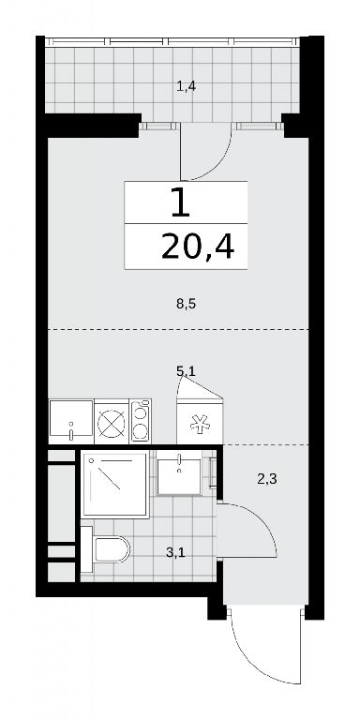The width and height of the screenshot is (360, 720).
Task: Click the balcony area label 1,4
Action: (187, 86)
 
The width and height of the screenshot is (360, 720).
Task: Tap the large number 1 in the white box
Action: (180, 202)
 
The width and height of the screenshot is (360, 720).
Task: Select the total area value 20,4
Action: (198, 248)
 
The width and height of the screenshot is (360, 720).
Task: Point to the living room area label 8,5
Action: (187, 304)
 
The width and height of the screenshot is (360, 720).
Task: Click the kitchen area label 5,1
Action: (187, 370)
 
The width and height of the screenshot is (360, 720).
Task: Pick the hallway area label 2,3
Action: (266, 480)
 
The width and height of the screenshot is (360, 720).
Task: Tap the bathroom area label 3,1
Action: (175, 552)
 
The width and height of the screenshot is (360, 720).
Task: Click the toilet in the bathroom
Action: (106, 549)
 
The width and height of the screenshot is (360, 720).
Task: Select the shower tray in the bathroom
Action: (114, 484)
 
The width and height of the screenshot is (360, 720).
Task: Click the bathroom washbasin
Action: (179, 476)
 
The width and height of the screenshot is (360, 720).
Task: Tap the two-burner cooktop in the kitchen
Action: (141, 421)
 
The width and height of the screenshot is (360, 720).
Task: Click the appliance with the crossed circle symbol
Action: (112, 421)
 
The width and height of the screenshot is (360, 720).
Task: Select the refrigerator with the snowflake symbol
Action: (200, 421)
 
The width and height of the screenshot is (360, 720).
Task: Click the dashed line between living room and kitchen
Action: (178, 329)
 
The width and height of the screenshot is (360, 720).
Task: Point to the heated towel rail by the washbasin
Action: (212, 472)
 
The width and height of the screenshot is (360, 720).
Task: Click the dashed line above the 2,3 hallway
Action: (266, 444)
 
